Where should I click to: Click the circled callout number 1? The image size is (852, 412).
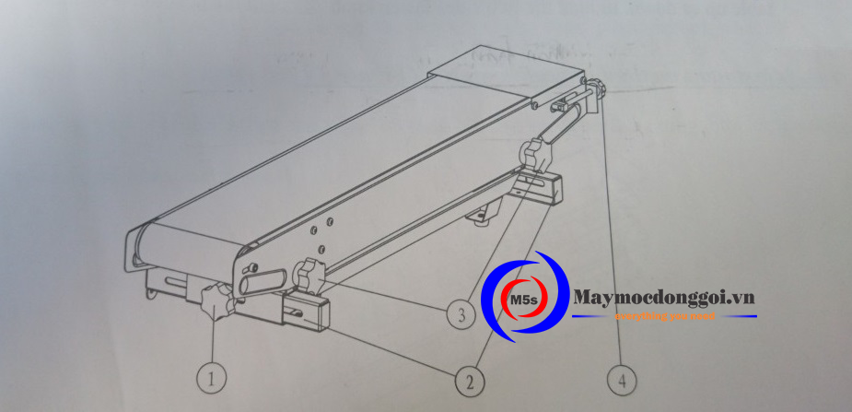(x=212, y=376)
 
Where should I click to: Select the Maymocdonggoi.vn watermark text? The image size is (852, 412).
(x=663, y=297)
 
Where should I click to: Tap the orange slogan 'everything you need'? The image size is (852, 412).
(x=663, y=316)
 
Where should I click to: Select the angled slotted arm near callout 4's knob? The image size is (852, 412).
(x=564, y=118)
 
